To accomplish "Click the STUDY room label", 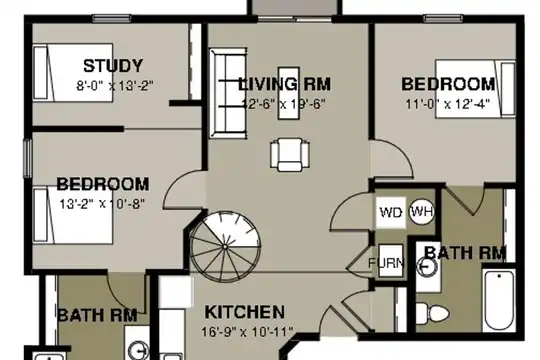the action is pos(113,66).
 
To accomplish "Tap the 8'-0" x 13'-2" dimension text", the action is pos(115,85).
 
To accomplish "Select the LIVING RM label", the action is pos(284,84).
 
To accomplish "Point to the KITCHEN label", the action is pos(245,312).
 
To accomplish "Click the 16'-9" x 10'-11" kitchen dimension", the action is pos(247,332).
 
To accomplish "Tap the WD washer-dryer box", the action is pos(391,212).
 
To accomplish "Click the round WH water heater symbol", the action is pos(422,212).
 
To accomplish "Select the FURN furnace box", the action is pos(391,261).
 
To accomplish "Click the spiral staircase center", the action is pos(225,247).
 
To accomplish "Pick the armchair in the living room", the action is pos(290,155).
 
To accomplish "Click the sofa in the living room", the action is pos(228,93).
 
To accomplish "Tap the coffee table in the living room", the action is pos(289,93).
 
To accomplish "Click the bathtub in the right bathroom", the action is pos(499,300).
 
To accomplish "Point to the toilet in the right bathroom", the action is pos(433,313).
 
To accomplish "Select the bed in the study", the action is pos(73,73).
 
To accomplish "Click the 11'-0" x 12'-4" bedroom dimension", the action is pos(448,104).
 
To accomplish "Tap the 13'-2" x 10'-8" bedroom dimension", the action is pos(102,204).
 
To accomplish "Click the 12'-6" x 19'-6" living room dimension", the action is pos(283,104).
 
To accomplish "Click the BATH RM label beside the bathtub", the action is pos(465,253).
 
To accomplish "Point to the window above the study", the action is pos(112,18).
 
